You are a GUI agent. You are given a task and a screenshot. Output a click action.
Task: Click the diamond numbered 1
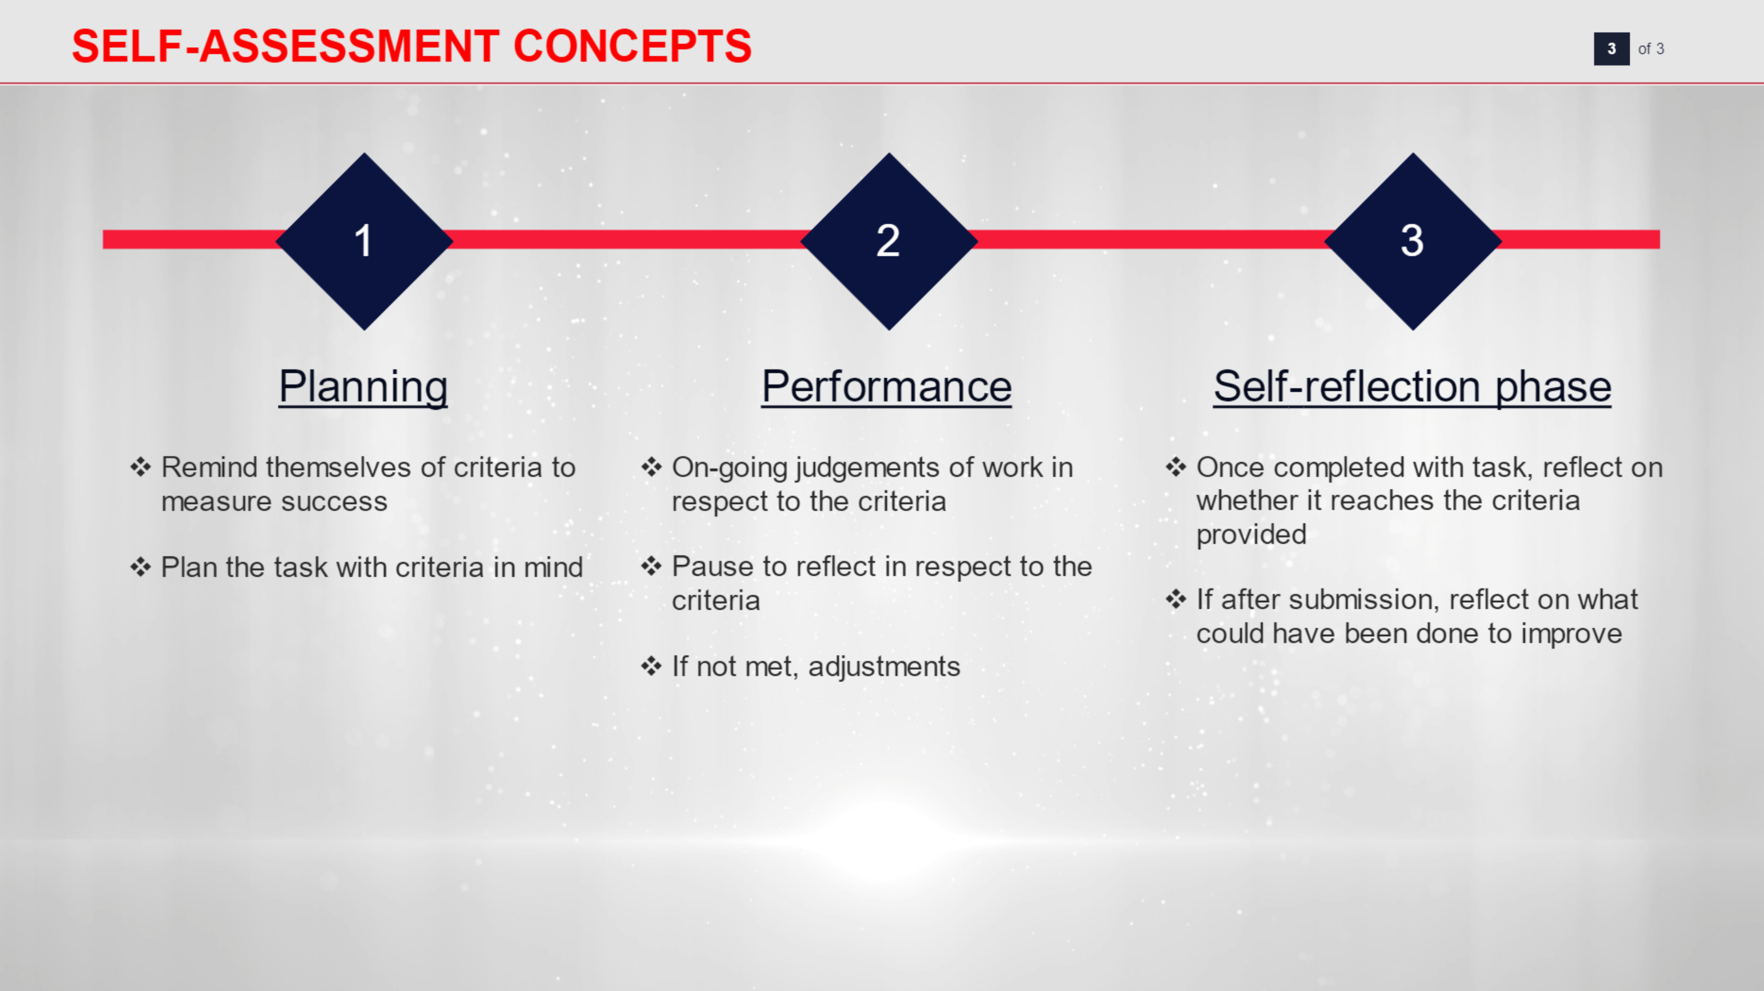coord(364,241)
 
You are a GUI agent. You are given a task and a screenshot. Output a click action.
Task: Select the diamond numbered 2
coord(889,241)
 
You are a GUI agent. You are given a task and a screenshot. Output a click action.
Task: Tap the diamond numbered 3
coord(1413,241)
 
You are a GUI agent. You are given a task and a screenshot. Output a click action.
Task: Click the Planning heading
coord(363,387)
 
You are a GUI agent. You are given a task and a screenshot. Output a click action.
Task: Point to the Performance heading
coord(887,387)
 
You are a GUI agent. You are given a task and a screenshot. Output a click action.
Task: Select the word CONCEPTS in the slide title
coord(632,47)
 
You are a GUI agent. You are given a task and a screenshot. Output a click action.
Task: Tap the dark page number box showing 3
coord(1611,48)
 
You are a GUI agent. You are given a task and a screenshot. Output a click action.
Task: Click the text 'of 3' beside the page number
coord(1650,48)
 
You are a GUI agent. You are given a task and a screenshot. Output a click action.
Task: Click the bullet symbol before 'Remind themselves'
coord(140,467)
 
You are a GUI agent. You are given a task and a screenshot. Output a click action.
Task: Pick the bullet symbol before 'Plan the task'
coord(140,567)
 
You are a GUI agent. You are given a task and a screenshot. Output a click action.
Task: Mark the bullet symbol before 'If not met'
coord(651,666)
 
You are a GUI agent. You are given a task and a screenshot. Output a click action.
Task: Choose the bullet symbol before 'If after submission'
coord(1176,599)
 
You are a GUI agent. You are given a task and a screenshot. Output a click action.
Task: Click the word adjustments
coord(884,667)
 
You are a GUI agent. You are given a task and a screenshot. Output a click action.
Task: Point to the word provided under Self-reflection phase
coord(1251,535)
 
